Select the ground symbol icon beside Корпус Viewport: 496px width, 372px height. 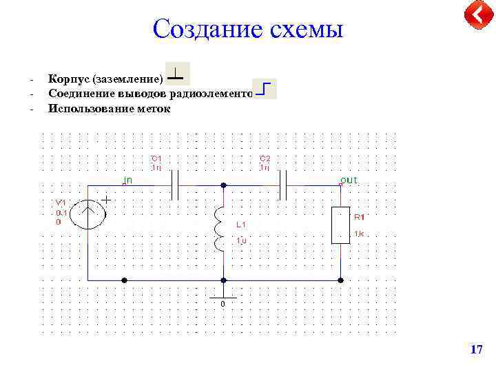(178, 74)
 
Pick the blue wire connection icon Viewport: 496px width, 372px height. (265, 90)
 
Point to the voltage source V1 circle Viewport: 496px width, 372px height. (90, 214)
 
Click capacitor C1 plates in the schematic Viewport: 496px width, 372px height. (175, 185)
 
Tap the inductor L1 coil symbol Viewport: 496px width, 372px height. (219, 229)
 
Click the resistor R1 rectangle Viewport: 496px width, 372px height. (341, 225)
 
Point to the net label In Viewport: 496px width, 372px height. (128, 180)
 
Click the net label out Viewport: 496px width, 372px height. (349, 180)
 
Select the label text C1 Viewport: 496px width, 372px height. (156, 158)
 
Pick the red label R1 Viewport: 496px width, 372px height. (359, 217)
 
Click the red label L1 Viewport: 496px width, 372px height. (240, 225)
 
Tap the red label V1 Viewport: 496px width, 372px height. (61, 203)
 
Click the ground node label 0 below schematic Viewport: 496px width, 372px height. (223, 304)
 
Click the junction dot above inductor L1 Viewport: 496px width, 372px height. (223, 185)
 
